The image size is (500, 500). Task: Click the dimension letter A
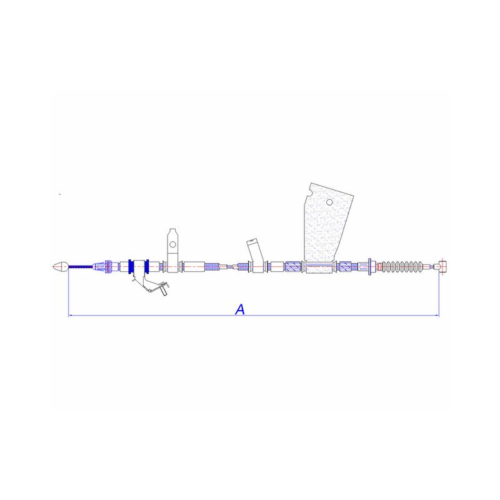(240, 309)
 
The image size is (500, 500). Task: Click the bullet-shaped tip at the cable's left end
(60, 267)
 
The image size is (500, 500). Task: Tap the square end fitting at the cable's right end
(442, 267)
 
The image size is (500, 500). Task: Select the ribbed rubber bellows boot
(402, 267)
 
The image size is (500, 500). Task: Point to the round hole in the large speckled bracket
(329, 202)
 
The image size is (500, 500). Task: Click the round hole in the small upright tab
(172, 244)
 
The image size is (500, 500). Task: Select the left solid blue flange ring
(131, 267)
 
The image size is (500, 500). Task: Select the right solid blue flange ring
(147, 267)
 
